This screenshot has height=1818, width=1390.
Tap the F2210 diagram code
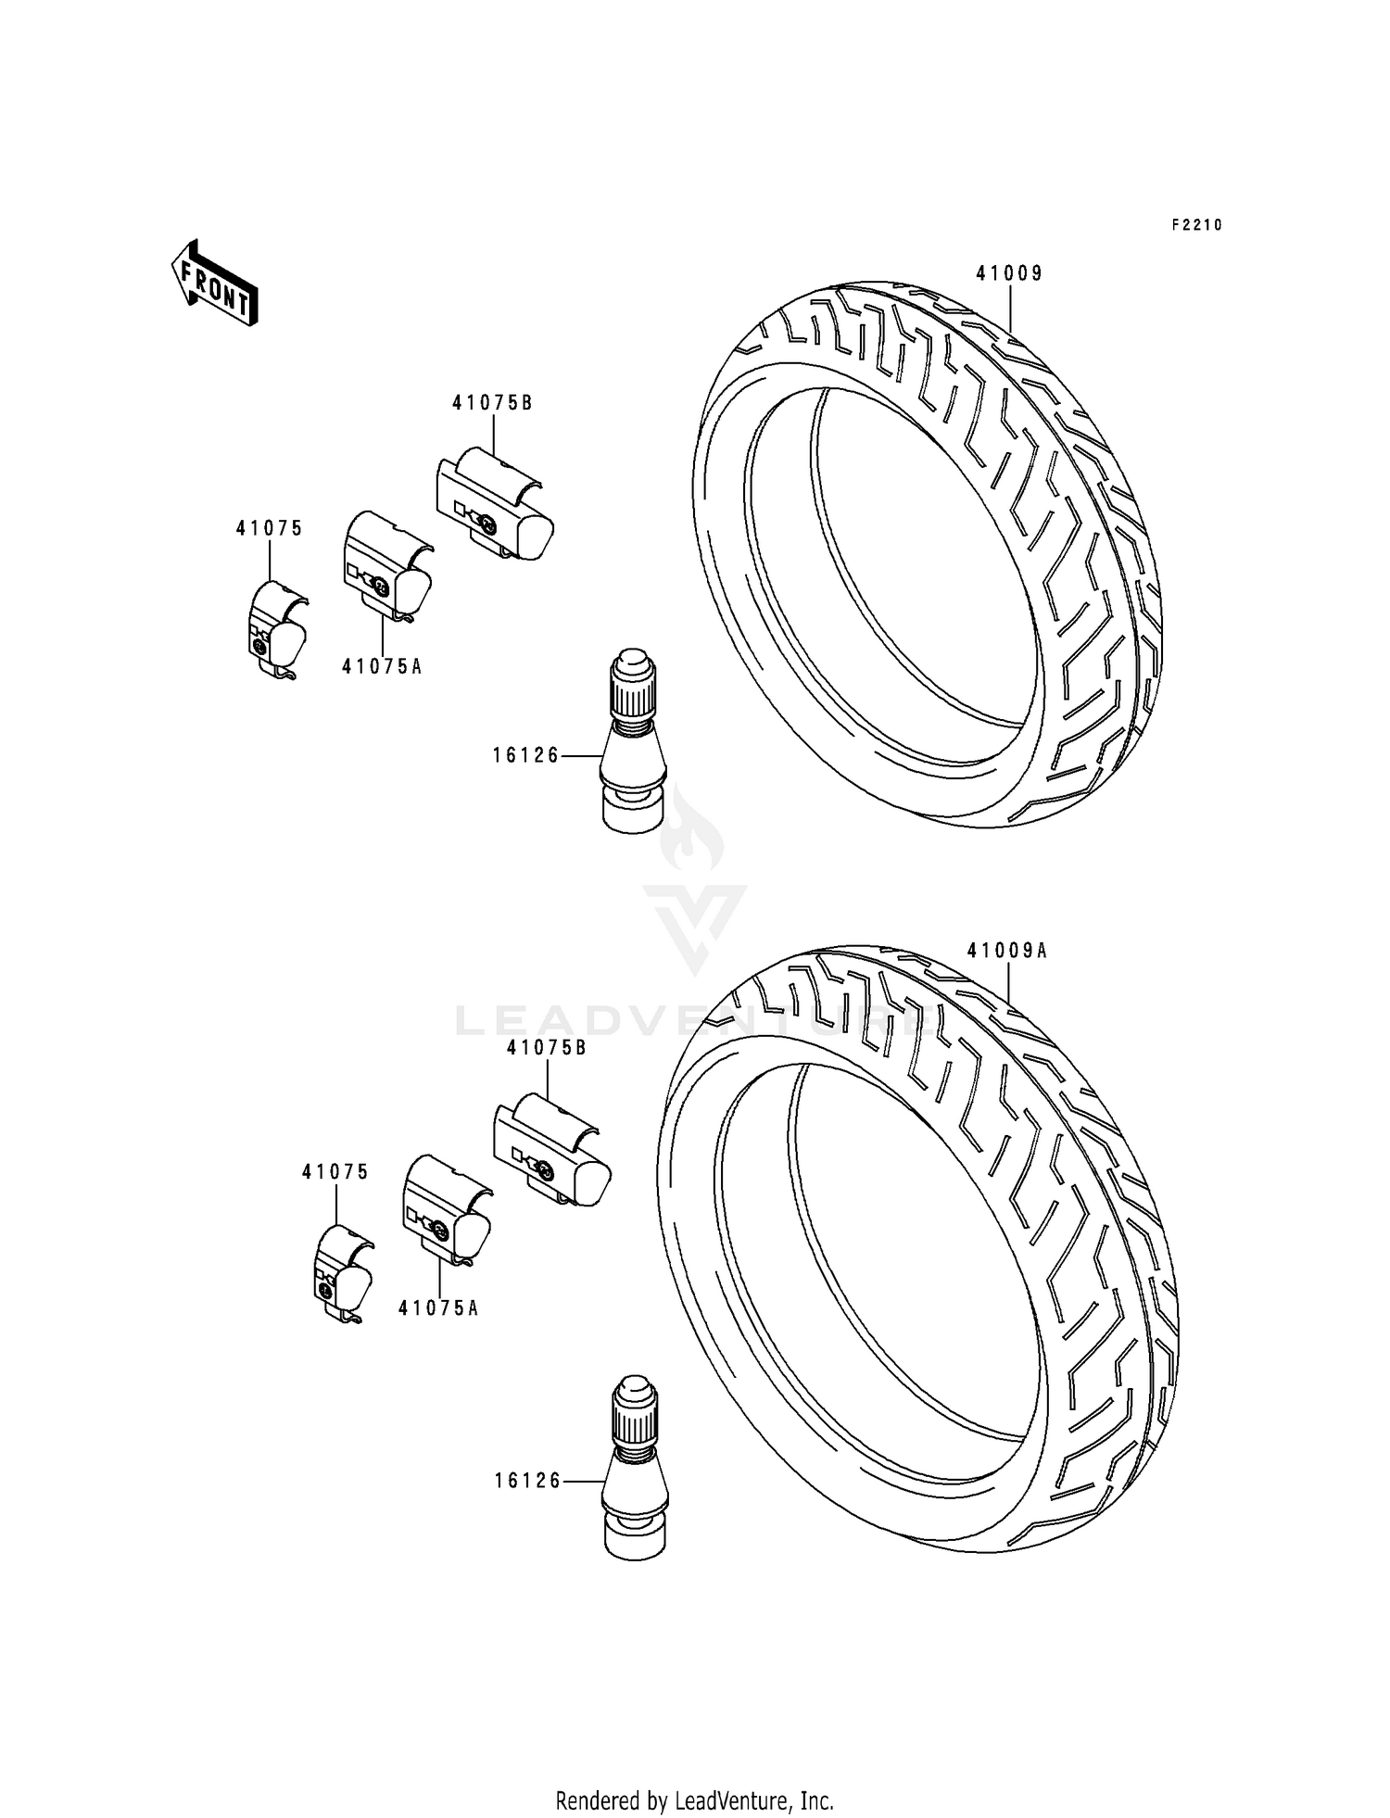click(1196, 224)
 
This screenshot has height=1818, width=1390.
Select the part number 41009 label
click(1008, 272)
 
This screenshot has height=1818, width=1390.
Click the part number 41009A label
click(1006, 950)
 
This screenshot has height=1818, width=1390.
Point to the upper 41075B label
click(492, 402)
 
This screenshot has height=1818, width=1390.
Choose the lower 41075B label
click(547, 1047)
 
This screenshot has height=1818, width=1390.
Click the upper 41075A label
click(382, 665)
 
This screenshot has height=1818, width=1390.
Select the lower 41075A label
click(438, 1307)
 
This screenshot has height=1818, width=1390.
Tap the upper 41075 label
click(269, 528)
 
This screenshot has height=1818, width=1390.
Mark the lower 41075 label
click(335, 1171)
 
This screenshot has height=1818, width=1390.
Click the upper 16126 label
click(525, 755)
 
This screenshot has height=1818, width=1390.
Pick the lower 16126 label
click(527, 1481)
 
